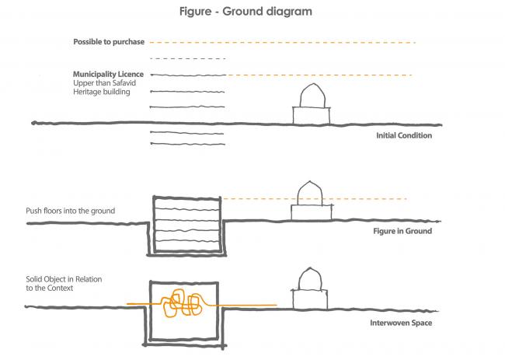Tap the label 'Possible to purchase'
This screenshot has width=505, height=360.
pos(109,42)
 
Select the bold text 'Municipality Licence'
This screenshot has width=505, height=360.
pos(108,74)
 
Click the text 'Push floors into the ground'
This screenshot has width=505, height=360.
pos(70,211)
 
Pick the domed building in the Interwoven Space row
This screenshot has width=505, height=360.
pos(311,288)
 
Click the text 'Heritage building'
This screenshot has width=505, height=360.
pos(102,93)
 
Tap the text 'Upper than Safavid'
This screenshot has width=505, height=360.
pos(105,83)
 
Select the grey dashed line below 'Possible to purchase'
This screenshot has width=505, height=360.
pos(186,59)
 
